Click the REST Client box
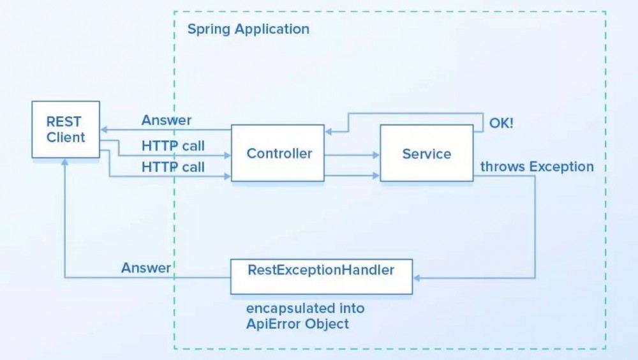pyautogui.click(x=66, y=129)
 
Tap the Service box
pyautogui.click(x=426, y=153)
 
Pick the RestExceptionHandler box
pyautogui.click(x=321, y=276)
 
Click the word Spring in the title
pyautogui.click(x=209, y=29)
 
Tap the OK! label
pyautogui.click(x=501, y=123)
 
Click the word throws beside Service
pyautogui.click(x=500, y=167)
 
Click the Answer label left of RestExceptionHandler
pyautogui.click(x=145, y=268)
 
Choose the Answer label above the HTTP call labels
pyautogui.click(x=166, y=120)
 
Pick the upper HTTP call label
pyautogui.click(x=173, y=146)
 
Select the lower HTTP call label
pyautogui.click(x=173, y=167)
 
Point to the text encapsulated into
pyautogui.click(x=306, y=308)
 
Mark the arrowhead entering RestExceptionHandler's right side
pyautogui.click(x=418, y=278)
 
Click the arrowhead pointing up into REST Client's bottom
pyautogui.click(x=65, y=162)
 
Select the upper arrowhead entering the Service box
pyautogui.click(x=376, y=154)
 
